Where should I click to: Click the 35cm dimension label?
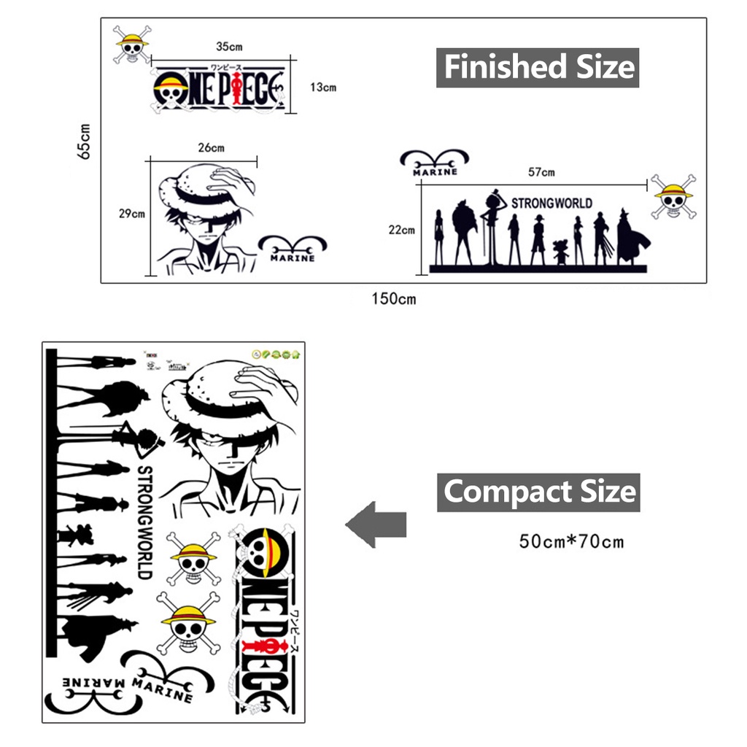[229, 47]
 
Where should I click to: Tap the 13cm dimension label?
[322, 88]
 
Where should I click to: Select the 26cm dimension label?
[212, 147]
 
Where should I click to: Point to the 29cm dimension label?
[132, 214]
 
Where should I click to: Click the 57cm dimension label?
[541, 172]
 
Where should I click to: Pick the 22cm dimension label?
[401, 230]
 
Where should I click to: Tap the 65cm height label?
[85, 140]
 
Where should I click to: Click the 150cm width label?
[393, 299]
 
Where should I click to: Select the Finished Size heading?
[538, 67]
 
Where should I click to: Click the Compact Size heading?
[538, 492]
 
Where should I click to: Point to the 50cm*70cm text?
[572, 541]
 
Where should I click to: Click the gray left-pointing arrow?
[375, 524]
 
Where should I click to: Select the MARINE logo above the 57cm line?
[435, 163]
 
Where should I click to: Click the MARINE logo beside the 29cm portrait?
[293, 249]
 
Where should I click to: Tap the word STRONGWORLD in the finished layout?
[551, 203]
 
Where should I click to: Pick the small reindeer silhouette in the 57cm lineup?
[560, 252]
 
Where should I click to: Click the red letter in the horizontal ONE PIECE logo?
[238, 93]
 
